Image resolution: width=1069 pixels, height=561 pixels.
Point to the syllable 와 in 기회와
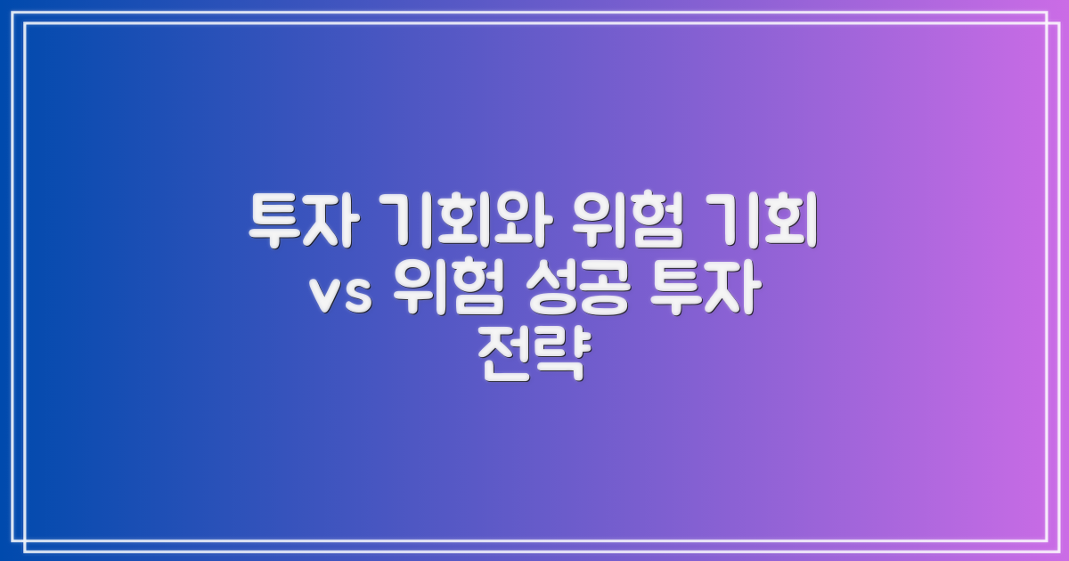tap(515, 222)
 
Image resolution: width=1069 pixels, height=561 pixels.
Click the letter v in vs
tap(325, 296)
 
